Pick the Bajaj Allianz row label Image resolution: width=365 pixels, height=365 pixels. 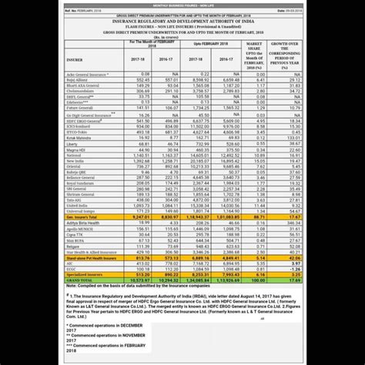click(x=79, y=101)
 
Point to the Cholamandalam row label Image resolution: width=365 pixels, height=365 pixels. click(x=83, y=112)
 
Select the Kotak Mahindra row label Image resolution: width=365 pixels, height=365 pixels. click(x=81, y=138)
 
